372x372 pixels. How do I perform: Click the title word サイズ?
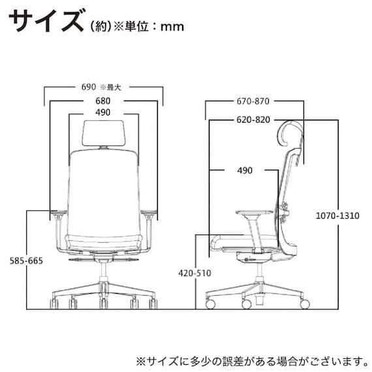(44, 21)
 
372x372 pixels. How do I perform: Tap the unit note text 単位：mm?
(154, 27)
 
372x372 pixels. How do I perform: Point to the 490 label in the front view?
(102, 112)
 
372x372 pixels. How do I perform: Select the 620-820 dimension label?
(254, 121)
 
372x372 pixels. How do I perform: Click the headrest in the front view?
(103, 134)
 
